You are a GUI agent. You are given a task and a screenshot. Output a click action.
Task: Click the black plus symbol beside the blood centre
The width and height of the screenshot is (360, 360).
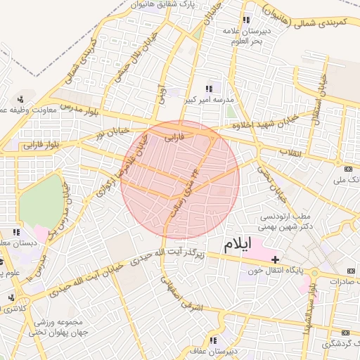tap(275, 259)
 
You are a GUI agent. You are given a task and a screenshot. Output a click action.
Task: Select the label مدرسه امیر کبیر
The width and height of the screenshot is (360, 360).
tap(209, 101)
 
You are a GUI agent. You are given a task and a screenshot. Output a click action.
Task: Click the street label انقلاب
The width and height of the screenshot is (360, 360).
tap(290, 153)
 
